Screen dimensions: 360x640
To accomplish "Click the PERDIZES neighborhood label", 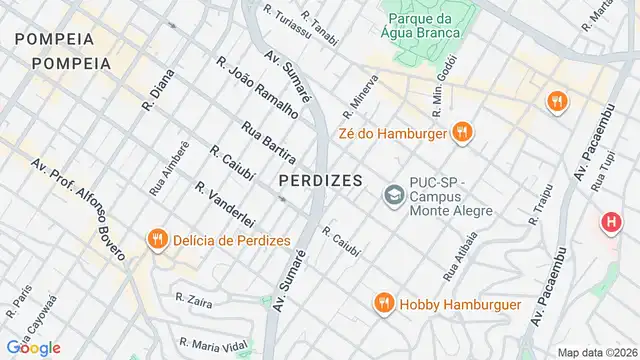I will tap(321, 180).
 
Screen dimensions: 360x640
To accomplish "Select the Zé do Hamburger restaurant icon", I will tap(461, 131).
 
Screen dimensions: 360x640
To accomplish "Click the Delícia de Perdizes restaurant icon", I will tap(157, 240).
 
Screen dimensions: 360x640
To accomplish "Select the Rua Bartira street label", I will tap(268, 141).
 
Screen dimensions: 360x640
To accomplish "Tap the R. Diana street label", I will tap(159, 89).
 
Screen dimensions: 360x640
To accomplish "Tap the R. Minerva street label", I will tap(360, 92).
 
